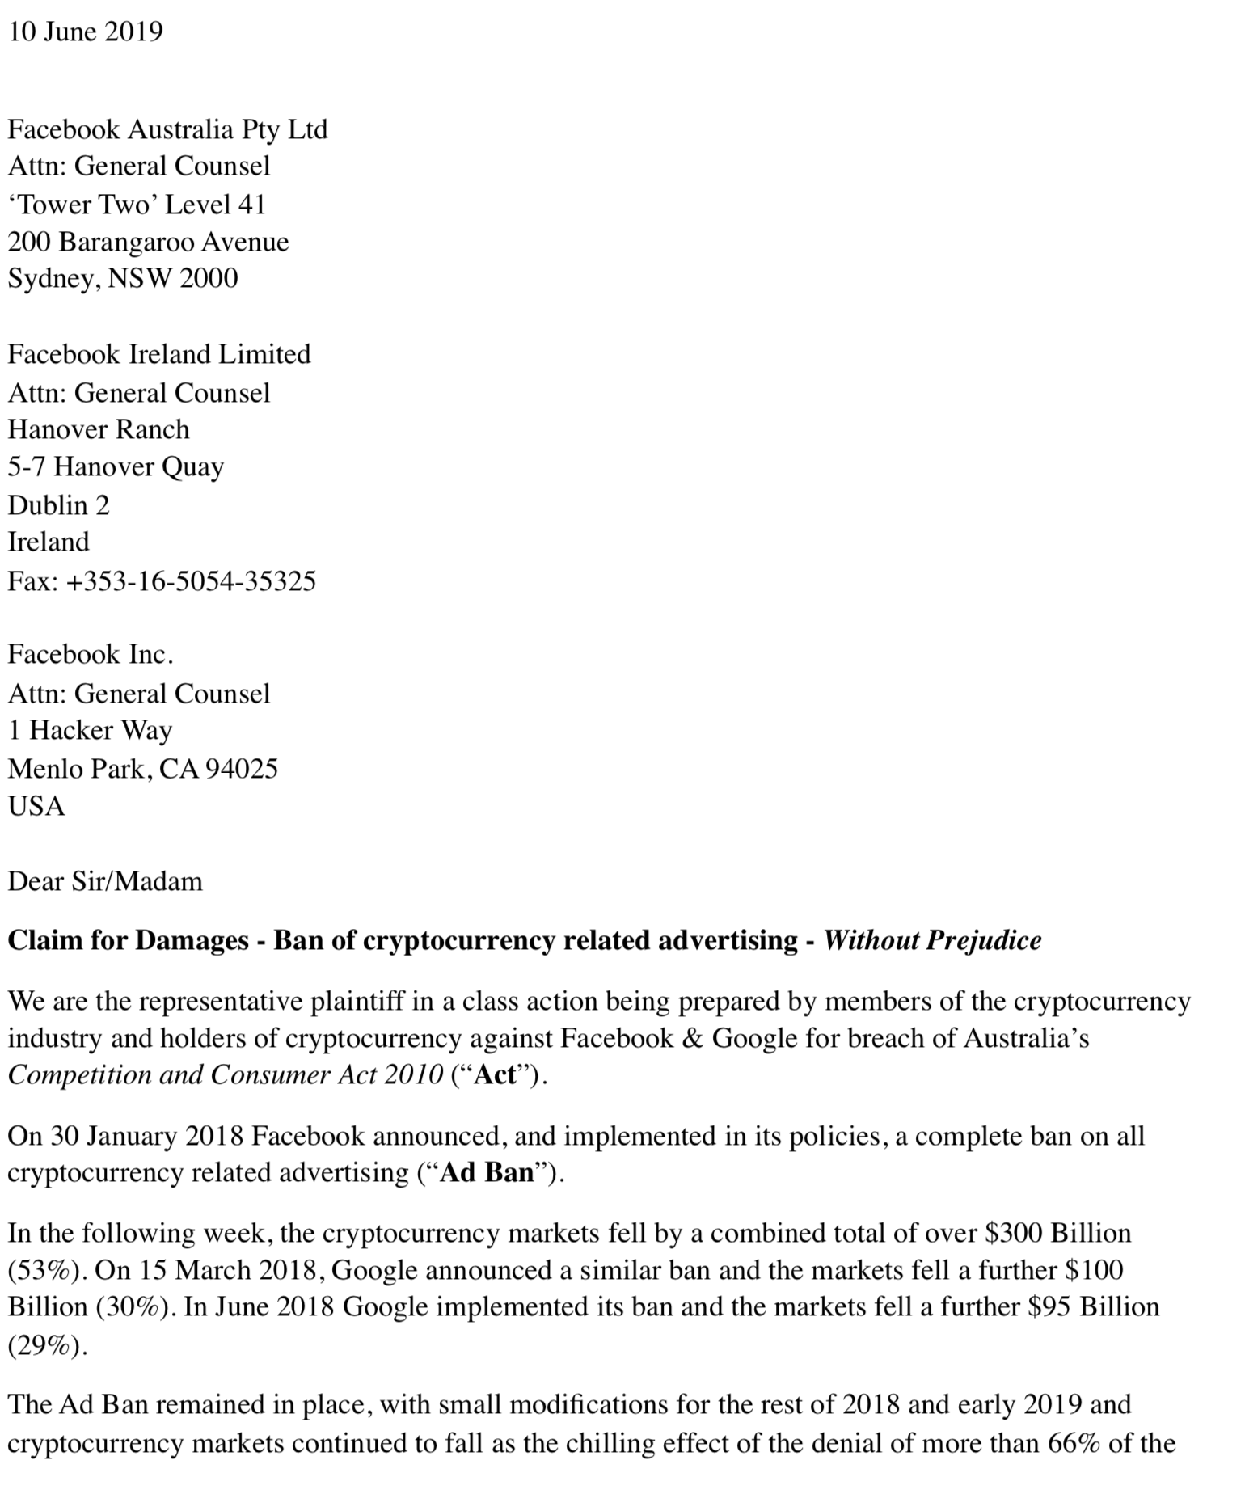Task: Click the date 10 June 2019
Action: (85, 32)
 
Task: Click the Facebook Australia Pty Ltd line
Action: (167, 129)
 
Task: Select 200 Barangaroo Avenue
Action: (148, 242)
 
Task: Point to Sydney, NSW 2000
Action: (123, 278)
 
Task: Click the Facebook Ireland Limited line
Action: (159, 354)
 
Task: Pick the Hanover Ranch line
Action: (99, 428)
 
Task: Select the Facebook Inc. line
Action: (91, 654)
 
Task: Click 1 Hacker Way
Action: (90, 730)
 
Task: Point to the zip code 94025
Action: (242, 768)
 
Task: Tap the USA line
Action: (36, 806)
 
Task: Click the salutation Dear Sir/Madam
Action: (105, 880)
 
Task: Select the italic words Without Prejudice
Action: (932, 940)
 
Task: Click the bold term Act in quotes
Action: (494, 1075)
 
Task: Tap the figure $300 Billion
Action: (1059, 1233)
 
